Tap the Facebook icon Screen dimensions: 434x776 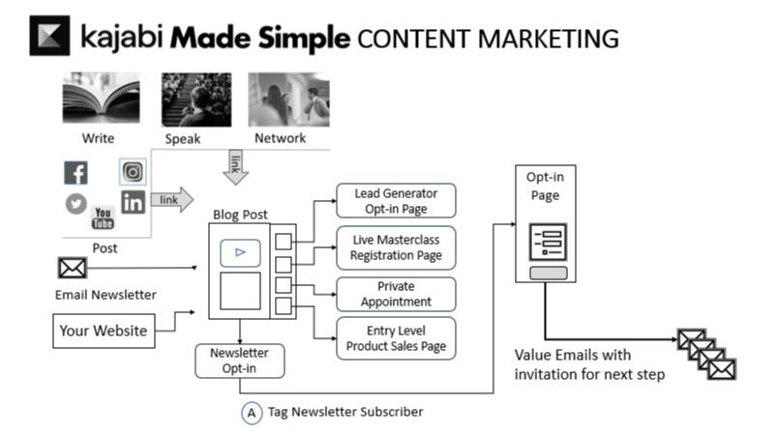pos(75,173)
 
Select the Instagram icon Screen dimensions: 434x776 pos(133,172)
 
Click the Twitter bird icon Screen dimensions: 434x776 pos(75,204)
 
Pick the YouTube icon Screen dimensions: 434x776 pos(103,217)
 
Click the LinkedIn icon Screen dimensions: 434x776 pos(133,202)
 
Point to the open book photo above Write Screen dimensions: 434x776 pos(102,100)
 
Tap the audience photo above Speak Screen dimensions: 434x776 pos(196,100)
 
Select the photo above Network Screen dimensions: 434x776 pos(289,100)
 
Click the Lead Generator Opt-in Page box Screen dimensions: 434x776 pos(396,200)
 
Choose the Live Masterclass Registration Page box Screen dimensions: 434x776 pos(396,246)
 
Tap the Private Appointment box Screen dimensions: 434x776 pos(396,294)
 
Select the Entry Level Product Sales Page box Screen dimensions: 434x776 pos(396,338)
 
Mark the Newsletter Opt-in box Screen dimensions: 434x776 pos(240,360)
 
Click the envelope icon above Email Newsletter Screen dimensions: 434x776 pos(73,268)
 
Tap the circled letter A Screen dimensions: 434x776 pos(252,413)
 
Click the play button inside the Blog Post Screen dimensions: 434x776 pos(240,252)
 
